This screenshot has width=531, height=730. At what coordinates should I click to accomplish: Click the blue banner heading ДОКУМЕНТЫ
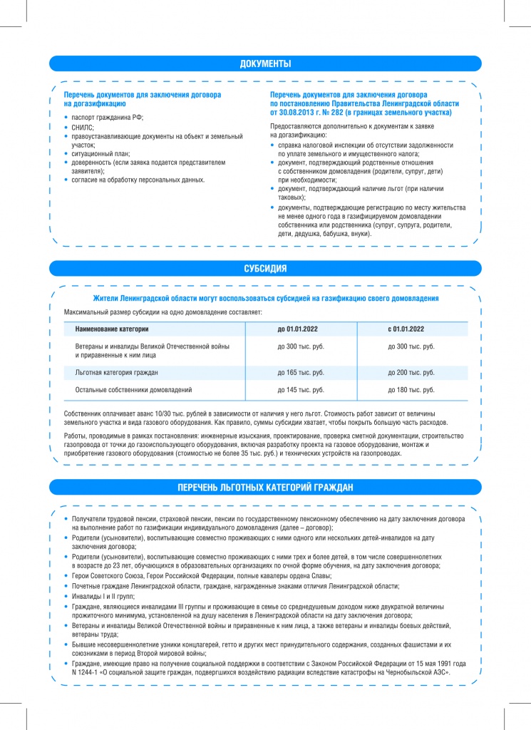[265, 64]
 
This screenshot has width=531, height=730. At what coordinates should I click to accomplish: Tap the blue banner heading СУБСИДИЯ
[265, 269]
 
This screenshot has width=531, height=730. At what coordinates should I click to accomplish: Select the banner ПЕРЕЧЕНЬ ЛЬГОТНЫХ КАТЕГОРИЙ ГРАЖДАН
[265, 488]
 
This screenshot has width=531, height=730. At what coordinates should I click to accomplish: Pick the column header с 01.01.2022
[411, 329]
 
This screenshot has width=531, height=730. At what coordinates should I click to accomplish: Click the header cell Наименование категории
[112, 329]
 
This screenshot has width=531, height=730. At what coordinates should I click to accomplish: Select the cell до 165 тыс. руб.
[300, 373]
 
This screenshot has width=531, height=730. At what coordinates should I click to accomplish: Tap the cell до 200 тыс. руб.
[411, 373]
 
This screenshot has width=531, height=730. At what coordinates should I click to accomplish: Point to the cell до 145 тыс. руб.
[300, 390]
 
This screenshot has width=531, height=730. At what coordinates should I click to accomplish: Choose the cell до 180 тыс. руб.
[411, 390]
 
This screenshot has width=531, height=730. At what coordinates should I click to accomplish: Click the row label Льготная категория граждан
[116, 373]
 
